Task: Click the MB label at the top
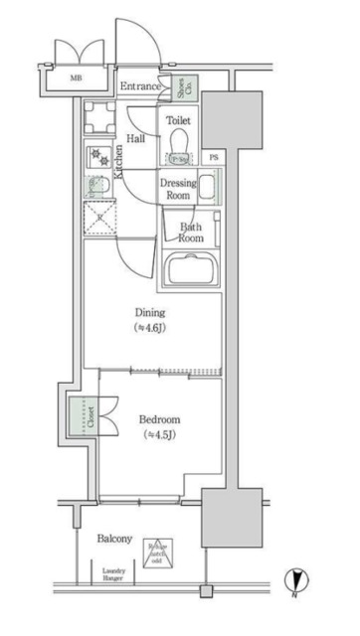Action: pyautogui.click(x=76, y=77)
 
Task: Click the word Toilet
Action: pyautogui.click(x=178, y=120)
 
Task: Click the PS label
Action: pyautogui.click(x=215, y=158)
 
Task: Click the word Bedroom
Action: pyautogui.click(x=159, y=418)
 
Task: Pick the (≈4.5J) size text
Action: pyautogui.click(x=159, y=434)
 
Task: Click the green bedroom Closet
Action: pyautogui.click(x=77, y=418)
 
